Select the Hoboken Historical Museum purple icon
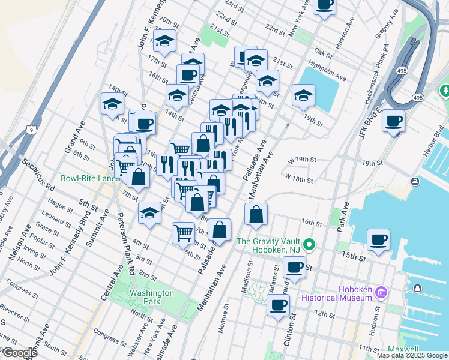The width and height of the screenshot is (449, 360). click(381, 293)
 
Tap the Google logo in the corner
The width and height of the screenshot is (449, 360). click(19, 353)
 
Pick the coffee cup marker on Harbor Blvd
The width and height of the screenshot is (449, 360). click(394, 121)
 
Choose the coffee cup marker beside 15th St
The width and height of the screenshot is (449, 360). click(379, 239)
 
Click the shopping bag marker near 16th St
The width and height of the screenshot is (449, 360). click(256, 214)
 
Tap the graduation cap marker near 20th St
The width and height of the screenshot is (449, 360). click(164, 42)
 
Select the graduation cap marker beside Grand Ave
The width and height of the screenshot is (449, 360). click(112, 104)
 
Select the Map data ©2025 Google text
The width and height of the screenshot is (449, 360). click(412, 355)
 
